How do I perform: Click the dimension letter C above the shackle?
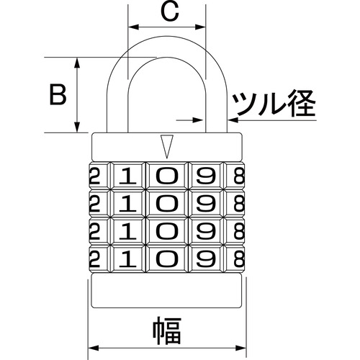point(170,12)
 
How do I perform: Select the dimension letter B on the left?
point(58,94)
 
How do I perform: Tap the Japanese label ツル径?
point(274,103)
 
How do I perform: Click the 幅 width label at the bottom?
point(167,330)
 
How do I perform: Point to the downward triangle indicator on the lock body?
point(167,146)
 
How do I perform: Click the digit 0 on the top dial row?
point(167,176)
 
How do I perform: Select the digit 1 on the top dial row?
point(128,176)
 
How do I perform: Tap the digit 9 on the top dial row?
point(206,176)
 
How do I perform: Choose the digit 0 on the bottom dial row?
point(167,259)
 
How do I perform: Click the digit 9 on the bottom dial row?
point(206,259)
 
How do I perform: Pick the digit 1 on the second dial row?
point(128,203)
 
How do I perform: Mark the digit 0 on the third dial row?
point(167,231)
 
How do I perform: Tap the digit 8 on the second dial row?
point(239,203)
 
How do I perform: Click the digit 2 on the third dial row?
point(94,231)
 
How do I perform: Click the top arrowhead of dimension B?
point(77,63)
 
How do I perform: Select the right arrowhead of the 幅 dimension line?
point(240,348)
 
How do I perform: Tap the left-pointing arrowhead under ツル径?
point(233,120)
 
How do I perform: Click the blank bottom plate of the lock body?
point(167,290)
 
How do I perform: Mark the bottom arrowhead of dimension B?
point(77,127)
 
